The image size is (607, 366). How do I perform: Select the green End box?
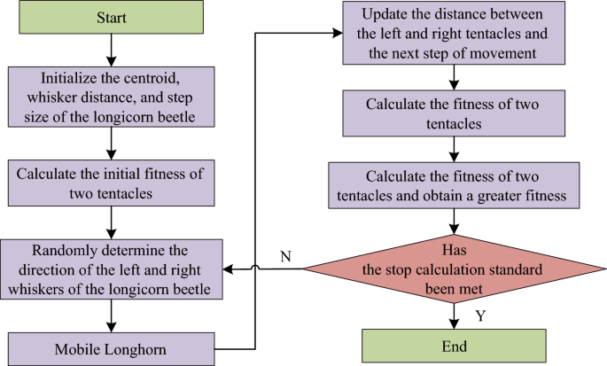[x=453, y=345]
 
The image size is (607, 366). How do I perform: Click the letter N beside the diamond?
[x=285, y=256]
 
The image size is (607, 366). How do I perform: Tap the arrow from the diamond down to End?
[x=453, y=315]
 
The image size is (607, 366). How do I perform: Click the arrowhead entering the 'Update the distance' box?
[x=339, y=35]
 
